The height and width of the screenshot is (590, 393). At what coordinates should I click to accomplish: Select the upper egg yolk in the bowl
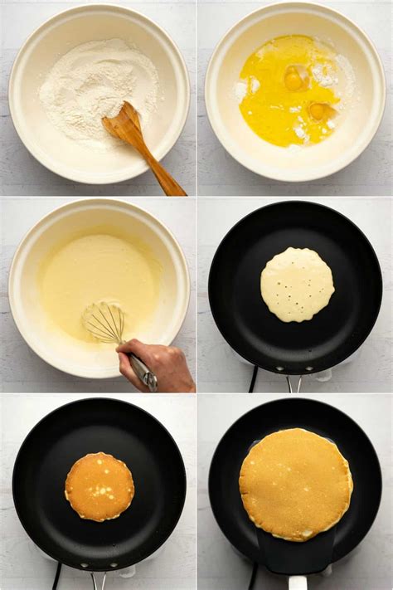click(295, 79)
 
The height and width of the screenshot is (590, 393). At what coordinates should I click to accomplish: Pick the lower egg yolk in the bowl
click(318, 110)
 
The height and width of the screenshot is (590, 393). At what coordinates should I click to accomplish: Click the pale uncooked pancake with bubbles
click(297, 285)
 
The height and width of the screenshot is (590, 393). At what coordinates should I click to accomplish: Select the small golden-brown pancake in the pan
click(99, 486)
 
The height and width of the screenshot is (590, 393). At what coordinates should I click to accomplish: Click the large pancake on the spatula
click(296, 483)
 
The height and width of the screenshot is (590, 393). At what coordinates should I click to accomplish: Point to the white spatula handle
click(297, 583)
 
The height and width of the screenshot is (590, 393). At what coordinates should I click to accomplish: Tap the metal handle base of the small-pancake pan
click(99, 578)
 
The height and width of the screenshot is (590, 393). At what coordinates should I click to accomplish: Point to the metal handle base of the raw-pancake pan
click(294, 383)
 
